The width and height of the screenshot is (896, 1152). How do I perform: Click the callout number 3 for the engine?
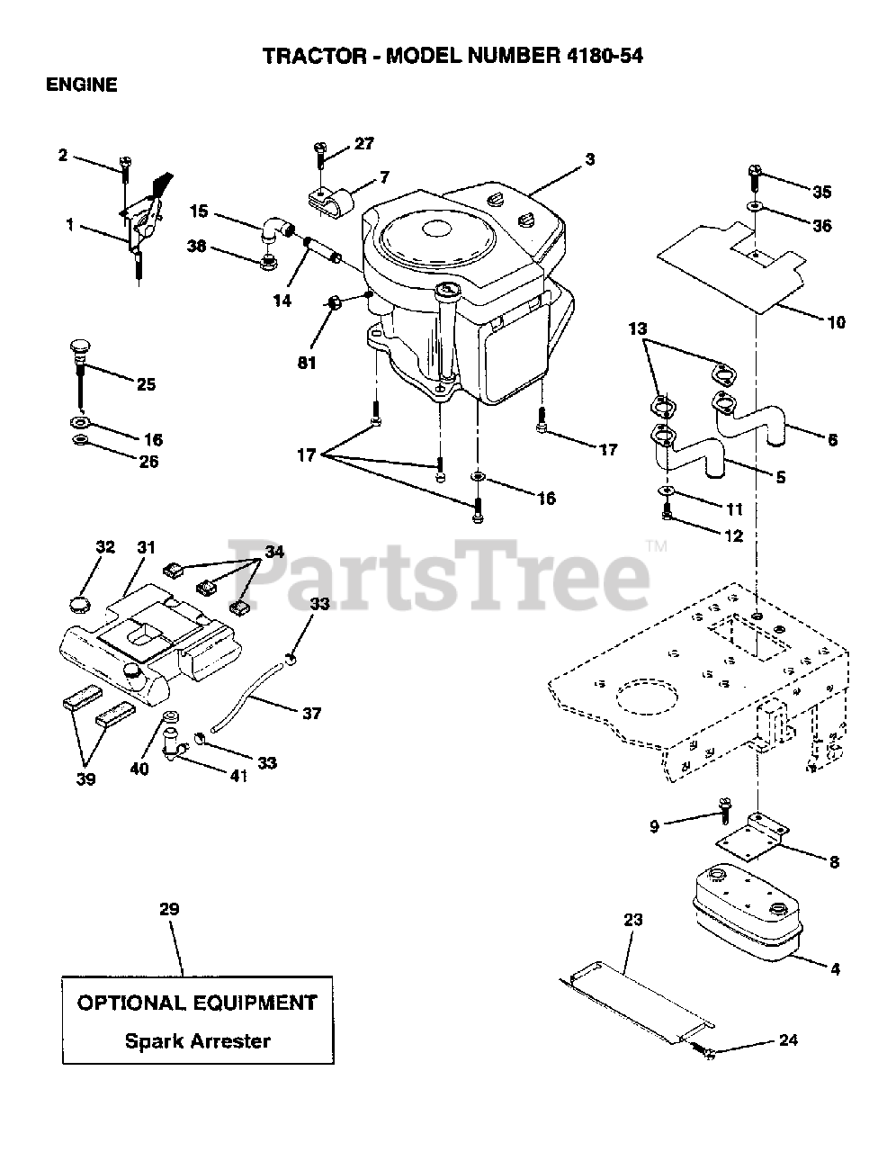tap(590, 160)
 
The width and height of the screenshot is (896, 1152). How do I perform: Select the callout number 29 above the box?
tap(169, 910)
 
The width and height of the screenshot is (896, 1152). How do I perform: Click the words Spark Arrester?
tap(197, 1041)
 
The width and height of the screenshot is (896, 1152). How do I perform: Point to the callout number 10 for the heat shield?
tap(836, 321)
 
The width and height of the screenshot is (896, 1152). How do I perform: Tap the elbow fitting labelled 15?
tap(272, 228)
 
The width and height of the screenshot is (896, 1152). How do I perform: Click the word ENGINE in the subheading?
tap(82, 85)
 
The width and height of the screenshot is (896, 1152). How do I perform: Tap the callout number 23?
tap(633, 919)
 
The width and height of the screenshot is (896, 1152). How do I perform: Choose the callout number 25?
tap(145, 384)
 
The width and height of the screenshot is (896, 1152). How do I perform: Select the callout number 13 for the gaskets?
tap(637, 329)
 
